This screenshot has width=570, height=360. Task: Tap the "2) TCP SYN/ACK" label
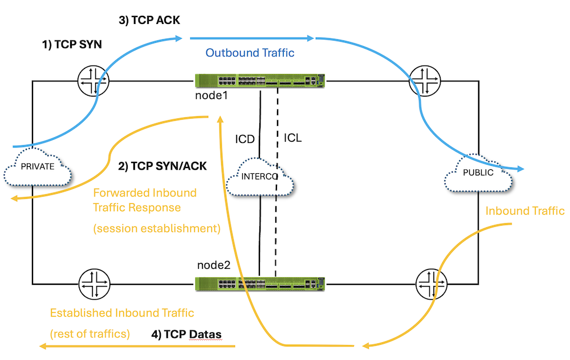click(x=163, y=167)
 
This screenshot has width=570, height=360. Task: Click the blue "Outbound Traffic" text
click(x=250, y=53)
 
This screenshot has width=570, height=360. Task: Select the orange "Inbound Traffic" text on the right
click(x=524, y=211)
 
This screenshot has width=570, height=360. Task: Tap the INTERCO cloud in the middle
click(x=259, y=177)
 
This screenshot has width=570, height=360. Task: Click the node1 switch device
click(x=259, y=81)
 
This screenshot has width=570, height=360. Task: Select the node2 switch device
click(x=259, y=284)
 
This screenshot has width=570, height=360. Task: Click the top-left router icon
click(x=94, y=81)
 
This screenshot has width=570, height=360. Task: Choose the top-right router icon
click(x=423, y=81)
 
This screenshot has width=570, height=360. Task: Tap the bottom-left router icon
click(x=94, y=283)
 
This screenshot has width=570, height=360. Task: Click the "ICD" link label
click(x=245, y=138)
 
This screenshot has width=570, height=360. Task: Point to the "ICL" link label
click(x=292, y=138)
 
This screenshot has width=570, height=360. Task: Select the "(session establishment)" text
click(x=156, y=229)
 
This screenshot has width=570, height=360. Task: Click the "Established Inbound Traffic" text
click(x=122, y=313)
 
